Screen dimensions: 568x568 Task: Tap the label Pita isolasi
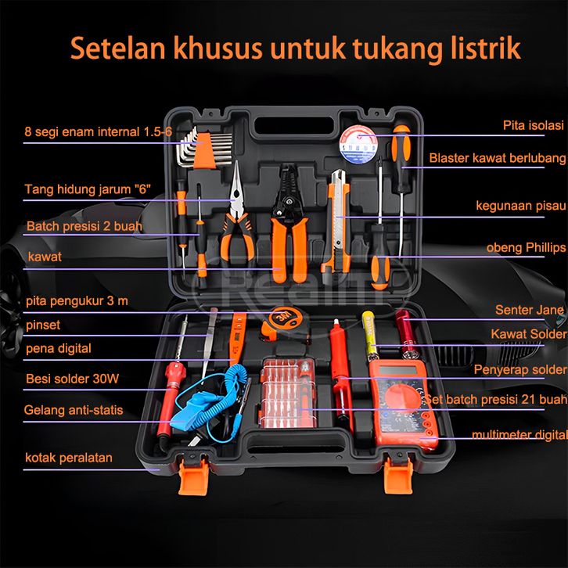(x=534, y=125)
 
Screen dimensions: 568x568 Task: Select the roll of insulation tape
(x=358, y=145)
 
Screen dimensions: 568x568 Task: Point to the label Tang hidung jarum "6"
(x=88, y=189)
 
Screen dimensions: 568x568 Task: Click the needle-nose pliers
(x=236, y=214)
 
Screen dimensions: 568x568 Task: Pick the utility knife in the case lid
(x=338, y=221)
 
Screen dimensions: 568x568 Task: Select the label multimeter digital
(x=519, y=435)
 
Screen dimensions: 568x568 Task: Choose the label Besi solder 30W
(x=73, y=379)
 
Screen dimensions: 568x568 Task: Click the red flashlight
(x=406, y=335)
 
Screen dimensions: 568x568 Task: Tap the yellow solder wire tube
(x=370, y=336)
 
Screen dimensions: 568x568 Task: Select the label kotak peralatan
(x=69, y=458)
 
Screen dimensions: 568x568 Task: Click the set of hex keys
(x=204, y=148)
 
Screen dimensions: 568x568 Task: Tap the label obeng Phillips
(x=526, y=248)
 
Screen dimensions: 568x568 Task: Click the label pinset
(x=43, y=325)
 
